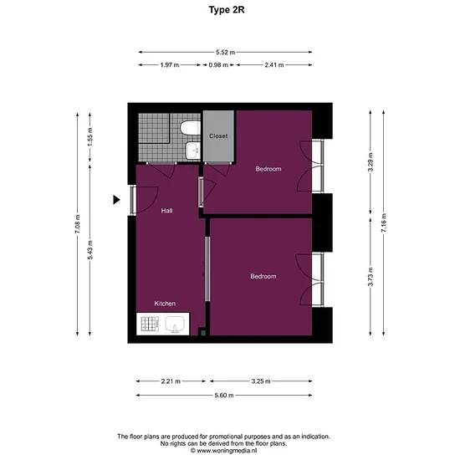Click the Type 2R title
(227, 10)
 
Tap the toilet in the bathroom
(190, 129)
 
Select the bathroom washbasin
(193, 151)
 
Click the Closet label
(218, 136)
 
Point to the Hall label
(166, 211)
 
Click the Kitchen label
(165, 304)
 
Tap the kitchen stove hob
(150, 324)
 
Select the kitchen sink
(175, 325)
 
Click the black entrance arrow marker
(116, 200)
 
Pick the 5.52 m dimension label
(225, 52)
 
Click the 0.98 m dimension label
(218, 65)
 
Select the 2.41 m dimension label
(274, 65)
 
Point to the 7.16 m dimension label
(384, 223)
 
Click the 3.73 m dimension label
(371, 277)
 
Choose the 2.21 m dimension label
(171, 381)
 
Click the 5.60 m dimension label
(224, 395)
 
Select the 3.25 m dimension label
(261, 381)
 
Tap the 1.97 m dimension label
(170, 65)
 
